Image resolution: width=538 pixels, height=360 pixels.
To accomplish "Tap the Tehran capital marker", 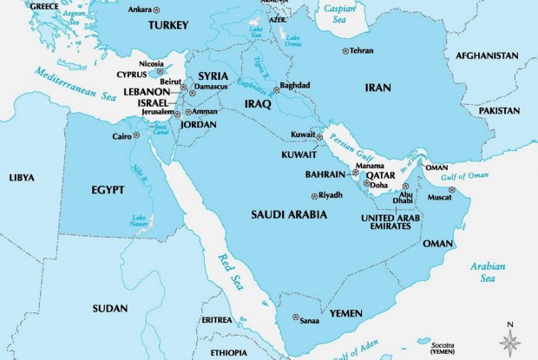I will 344,51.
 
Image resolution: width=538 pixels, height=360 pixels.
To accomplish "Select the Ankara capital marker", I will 157,10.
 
